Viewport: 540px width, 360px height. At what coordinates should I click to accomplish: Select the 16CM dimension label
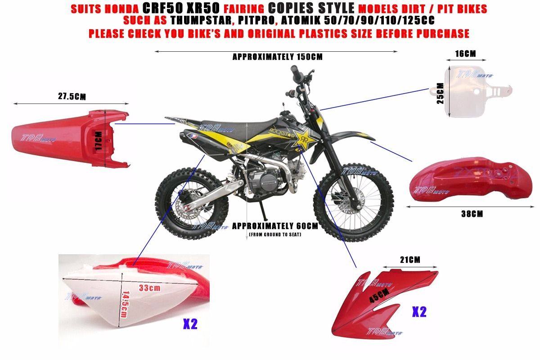pyautogui.click(x=465, y=54)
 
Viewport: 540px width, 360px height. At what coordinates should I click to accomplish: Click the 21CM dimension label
pyautogui.click(x=410, y=260)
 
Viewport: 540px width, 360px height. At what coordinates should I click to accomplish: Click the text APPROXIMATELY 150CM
pyautogui.click(x=277, y=57)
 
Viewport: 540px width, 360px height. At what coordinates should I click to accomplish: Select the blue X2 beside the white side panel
pyautogui.click(x=190, y=324)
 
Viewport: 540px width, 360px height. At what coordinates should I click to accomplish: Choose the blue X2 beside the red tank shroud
pyautogui.click(x=419, y=312)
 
